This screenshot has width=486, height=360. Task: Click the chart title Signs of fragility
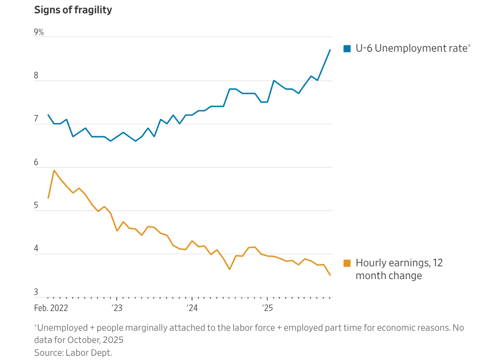(x=73, y=10)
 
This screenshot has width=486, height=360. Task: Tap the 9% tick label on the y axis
(x=39, y=32)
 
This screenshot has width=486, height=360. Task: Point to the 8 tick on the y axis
(x=36, y=76)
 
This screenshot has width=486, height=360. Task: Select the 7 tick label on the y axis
(x=36, y=119)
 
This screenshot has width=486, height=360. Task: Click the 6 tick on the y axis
(x=36, y=162)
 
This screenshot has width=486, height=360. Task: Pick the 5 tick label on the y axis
(x=36, y=206)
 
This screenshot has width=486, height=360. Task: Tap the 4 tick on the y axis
(x=36, y=249)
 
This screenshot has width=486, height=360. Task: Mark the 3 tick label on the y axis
(x=36, y=292)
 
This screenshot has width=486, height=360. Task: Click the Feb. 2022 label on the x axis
(x=51, y=308)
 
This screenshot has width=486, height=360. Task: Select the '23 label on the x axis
(x=117, y=308)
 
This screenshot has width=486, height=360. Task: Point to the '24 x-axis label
(x=192, y=308)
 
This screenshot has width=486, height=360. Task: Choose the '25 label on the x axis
(x=267, y=308)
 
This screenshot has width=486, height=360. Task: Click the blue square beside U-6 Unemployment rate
(x=347, y=48)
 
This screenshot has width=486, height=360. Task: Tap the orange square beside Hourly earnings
(x=347, y=263)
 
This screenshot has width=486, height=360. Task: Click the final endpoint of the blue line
(x=331, y=50)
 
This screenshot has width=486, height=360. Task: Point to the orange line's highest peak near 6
(x=54, y=170)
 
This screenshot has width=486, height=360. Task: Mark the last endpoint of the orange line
(x=331, y=275)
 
